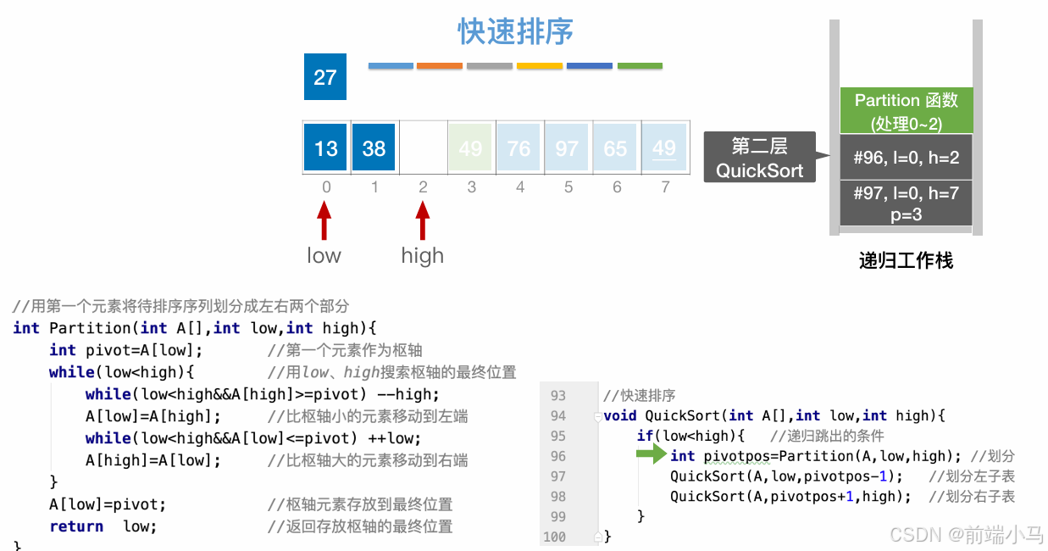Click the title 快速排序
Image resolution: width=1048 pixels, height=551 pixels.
pos(515,32)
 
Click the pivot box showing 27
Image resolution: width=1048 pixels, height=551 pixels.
pos(325,77)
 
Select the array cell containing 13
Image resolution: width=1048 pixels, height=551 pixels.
pos(325,148)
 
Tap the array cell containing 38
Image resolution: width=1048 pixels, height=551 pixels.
pos(374,148)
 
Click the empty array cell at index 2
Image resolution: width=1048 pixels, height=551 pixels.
pos(422,148)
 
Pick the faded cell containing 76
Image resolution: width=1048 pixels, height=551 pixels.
pos(518,148)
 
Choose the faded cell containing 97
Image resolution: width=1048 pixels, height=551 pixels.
pos(567,148)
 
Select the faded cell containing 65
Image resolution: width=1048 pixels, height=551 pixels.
pos(615,148)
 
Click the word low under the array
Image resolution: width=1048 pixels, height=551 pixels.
pos(324,255)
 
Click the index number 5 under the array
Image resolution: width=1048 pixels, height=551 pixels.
pos(568,186)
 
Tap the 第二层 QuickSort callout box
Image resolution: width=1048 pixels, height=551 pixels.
pos(759,158)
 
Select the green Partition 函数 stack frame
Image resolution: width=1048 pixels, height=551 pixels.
pos(906,111)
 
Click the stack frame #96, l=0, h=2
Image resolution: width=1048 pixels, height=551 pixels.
pos(906,157)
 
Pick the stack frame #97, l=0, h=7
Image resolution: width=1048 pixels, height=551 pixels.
pos(906,203)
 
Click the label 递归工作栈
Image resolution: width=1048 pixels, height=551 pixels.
pos(906,260)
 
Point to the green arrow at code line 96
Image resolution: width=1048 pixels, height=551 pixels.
pos(652,455)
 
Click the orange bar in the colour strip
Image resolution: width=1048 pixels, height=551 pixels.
pos(440,65)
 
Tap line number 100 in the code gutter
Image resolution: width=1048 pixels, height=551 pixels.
pos(554,537)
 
